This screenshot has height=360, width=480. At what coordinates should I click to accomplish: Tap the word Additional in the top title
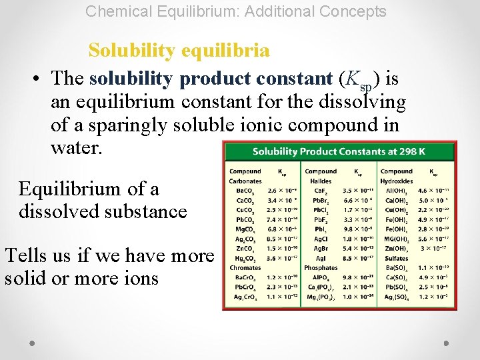pos(269,11)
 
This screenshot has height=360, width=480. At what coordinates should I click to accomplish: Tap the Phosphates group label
pos(321,267)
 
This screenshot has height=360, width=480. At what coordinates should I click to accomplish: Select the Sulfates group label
pos(395,258)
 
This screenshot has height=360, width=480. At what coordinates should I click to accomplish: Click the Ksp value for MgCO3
pos(281,229)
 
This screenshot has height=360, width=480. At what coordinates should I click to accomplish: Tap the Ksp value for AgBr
pos(357,248)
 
